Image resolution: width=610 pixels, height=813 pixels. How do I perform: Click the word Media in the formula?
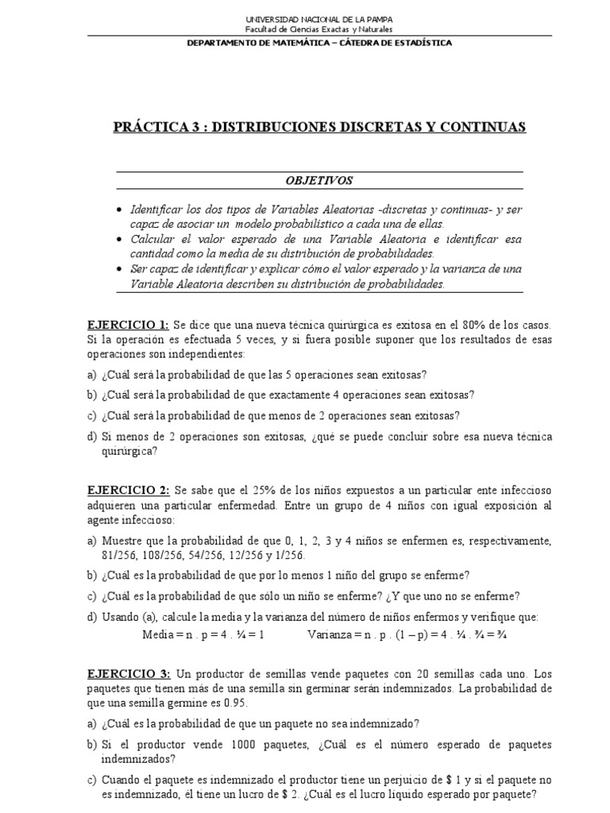click(157, 635)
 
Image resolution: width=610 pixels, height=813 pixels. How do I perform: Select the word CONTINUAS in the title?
click(485, 127)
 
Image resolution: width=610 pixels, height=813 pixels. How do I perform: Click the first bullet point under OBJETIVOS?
click(119, 209)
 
